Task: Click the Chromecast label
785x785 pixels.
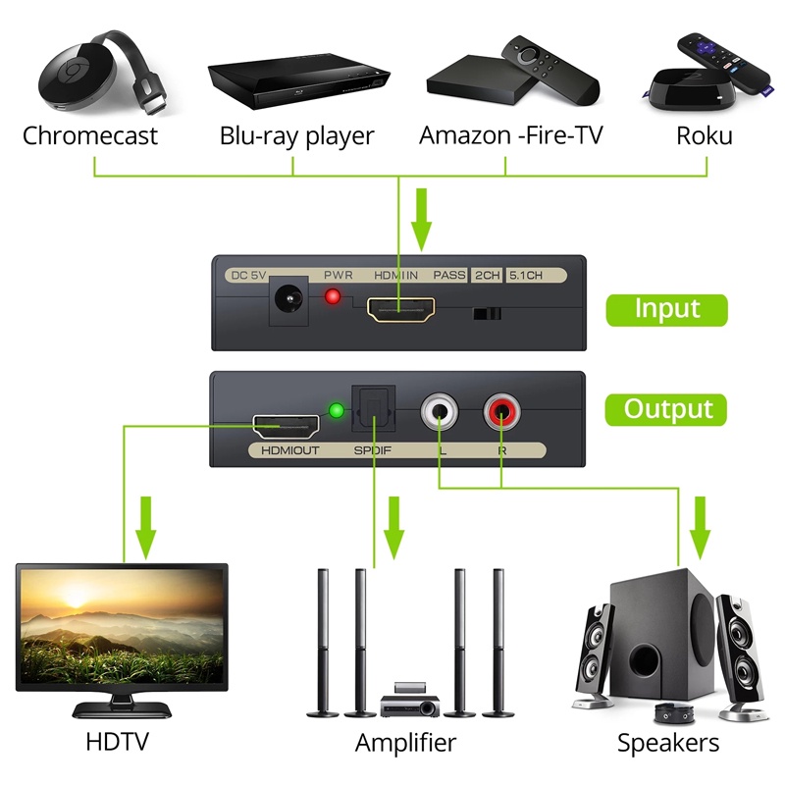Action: [90, 135]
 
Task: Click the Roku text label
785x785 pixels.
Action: [704, 135]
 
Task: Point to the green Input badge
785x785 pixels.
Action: [667, 309]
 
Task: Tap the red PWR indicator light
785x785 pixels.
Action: [333, 297]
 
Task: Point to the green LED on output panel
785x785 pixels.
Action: [336, 410]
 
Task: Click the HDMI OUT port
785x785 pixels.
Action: [286, 426]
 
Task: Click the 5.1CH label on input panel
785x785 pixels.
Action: [525, 276]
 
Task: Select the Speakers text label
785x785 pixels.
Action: [668, 742]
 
